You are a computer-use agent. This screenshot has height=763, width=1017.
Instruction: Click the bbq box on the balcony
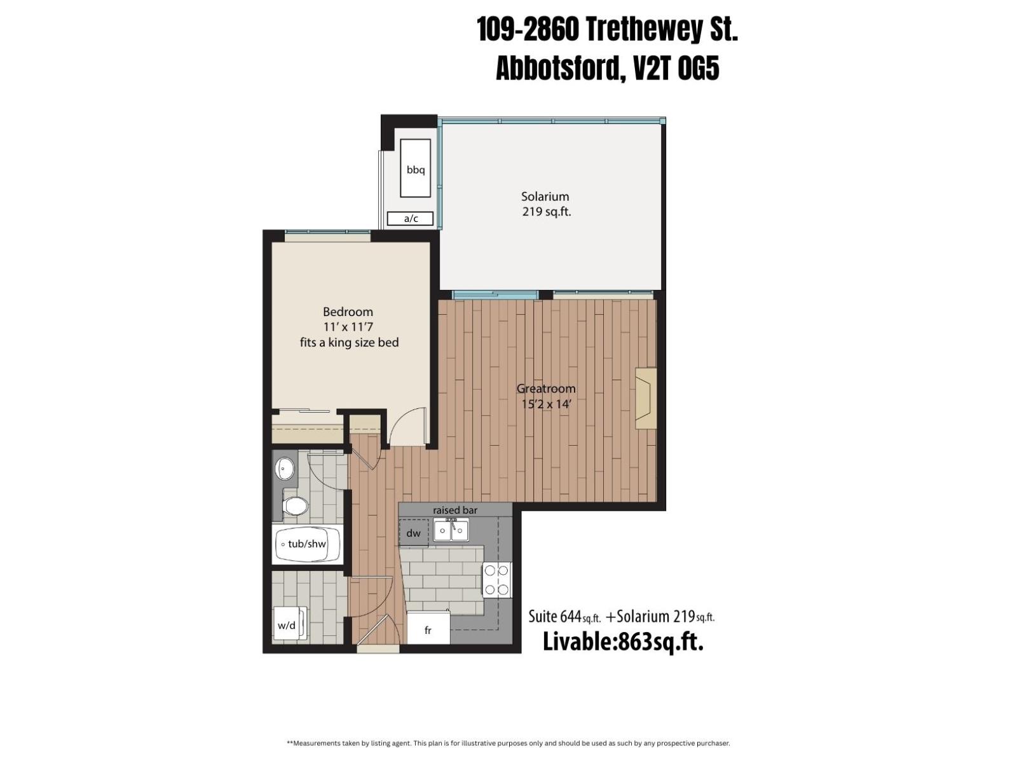click(416, 168)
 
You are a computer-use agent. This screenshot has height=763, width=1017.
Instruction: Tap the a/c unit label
click(411, 219)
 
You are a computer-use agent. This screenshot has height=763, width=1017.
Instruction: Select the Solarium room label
click(545, 196)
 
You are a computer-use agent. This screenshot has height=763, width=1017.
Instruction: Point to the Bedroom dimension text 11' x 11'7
click(348, 327)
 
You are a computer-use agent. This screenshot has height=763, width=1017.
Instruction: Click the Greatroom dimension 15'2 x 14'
click(546, 404)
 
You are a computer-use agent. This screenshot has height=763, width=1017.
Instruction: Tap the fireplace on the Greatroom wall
click(645, 399)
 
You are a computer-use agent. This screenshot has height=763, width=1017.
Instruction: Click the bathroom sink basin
click(285, 469)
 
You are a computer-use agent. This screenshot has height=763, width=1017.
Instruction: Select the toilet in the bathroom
click(295, 506)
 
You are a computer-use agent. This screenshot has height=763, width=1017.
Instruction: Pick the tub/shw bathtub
click(308, 544)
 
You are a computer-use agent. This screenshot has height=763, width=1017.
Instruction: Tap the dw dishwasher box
click(414, 533)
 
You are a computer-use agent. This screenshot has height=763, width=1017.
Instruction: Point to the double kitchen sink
click(451, 529)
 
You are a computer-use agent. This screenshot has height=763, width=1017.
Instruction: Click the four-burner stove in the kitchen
click(496, 580)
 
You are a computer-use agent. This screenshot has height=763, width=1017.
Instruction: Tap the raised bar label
click(455, 510)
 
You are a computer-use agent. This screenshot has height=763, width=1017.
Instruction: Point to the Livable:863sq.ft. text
click(623, 642)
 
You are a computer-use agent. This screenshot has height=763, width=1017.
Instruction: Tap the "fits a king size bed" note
click(349, 343)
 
